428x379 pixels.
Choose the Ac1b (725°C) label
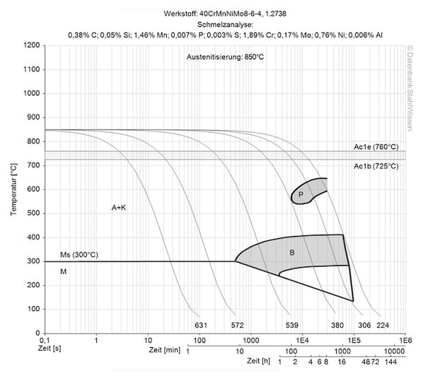[377, 166]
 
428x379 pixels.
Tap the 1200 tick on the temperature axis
[30, 45]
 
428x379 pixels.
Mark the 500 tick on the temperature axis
[33, 214]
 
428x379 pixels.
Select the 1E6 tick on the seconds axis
[405, 341]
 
